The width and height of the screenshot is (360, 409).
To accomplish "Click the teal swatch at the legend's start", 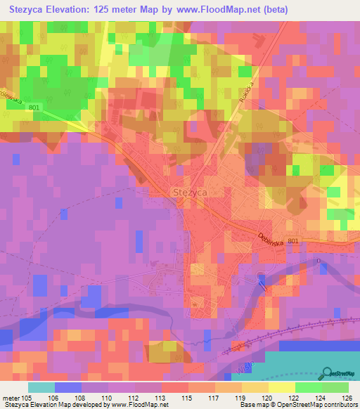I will click(x=41, y=387).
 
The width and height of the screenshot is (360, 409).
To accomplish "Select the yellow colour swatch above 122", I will click(x=282, y=387).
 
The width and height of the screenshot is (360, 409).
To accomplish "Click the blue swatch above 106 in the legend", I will click(x=67, y=387).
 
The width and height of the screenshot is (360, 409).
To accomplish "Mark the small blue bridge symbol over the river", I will click(x=262, y=283).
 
